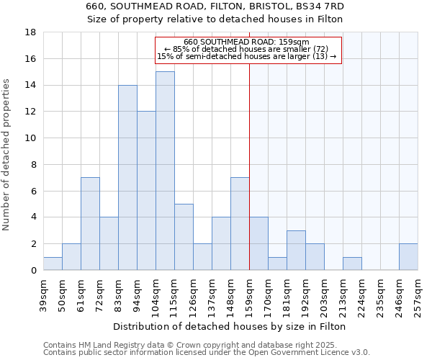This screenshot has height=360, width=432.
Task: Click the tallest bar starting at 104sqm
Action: (165, 171)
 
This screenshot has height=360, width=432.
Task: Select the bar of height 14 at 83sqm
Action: (127, 177)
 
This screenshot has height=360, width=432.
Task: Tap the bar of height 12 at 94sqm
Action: (146, 191)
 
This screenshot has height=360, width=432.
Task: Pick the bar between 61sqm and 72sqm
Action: (90, 224)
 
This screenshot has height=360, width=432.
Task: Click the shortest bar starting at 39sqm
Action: (53, 264)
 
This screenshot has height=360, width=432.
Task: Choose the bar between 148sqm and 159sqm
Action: (240, 224)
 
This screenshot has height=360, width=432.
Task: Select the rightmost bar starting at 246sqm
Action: (408, 257)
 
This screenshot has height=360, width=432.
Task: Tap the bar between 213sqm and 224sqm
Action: (352, 264)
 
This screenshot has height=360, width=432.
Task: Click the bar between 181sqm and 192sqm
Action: (296, 251)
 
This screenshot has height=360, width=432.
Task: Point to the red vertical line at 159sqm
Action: (249, 180)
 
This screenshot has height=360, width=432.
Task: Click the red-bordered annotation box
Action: (248, 50)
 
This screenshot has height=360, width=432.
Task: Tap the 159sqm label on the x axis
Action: (249, 294)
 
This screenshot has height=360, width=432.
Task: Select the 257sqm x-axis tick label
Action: (418, 294)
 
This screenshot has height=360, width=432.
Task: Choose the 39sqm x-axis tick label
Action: (43, 294)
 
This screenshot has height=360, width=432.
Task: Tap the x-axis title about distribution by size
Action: (230, 326)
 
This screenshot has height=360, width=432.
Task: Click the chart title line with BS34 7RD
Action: (215, 6)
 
